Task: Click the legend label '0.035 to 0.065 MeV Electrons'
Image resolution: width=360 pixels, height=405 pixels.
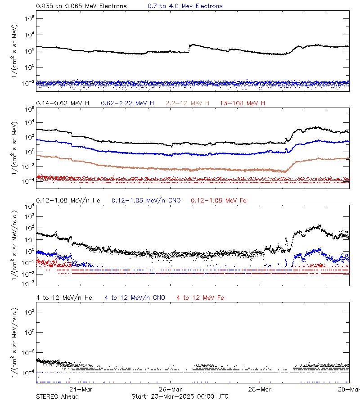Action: [x=81, y=6]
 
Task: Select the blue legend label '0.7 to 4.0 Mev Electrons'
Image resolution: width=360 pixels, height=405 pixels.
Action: [x=185, y=6]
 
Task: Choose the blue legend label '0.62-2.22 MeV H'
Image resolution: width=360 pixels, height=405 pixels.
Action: [x=127, y=103]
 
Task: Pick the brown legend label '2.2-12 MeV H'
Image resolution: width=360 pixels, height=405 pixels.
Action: [x=188, y=103]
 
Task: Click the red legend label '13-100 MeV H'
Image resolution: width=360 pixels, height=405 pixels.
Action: [x=243, y=103]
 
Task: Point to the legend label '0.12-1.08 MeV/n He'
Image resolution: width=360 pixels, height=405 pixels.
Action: [x=68, y=200]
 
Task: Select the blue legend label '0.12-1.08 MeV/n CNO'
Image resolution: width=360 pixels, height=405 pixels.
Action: [x=146, y=200]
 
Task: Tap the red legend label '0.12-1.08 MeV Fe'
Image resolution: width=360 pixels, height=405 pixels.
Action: [x=219, y=200]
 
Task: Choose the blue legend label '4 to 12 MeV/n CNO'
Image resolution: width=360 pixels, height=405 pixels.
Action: [x=135, y=297]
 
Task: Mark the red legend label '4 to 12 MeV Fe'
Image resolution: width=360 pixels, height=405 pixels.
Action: [x=200, y=297]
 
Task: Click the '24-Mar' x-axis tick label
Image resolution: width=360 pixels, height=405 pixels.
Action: [x=81, y=389]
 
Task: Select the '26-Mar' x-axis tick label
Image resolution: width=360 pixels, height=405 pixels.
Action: [x=171, y=389]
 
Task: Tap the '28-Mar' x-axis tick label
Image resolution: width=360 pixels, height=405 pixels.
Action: [x=261, y=389]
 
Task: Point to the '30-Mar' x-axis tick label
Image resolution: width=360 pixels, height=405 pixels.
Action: [x=349, y=389]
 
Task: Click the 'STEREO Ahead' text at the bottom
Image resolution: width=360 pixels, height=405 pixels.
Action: [x=57, y=396]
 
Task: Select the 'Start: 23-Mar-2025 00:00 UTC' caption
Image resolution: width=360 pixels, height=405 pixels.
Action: [x=180, y=396]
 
